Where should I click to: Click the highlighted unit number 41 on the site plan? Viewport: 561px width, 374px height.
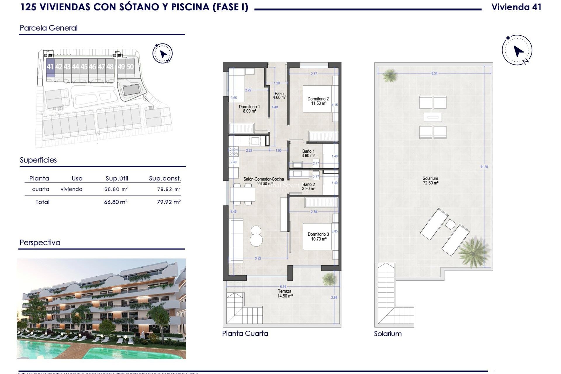pos(50,67)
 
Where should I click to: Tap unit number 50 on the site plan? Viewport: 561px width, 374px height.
pos(130,67)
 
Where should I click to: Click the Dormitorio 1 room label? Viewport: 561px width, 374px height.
pos(249,109)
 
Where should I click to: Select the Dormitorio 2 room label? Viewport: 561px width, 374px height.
pos(318,101)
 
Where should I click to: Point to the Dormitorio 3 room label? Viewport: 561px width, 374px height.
pos(318,237)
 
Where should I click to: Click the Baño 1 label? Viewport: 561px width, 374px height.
pos(308,153)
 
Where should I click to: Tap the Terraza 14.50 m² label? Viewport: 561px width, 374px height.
pos(285,294)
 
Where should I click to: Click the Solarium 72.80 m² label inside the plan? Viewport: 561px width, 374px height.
pos(430,181)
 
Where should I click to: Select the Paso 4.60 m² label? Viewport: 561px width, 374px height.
pos(279,96)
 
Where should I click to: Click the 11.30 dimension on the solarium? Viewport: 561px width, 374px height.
pos(484,167)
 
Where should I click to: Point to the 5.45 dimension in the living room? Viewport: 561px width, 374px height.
pos(233,212)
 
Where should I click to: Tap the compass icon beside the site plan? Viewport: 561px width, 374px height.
pos(163,53)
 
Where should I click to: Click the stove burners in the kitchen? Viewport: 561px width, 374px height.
pos(234,151)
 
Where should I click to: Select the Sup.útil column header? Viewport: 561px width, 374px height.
pos(117,179)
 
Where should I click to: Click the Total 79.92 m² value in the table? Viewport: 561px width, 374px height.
pos(169,202)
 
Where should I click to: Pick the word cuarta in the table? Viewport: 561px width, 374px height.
pos(41,189)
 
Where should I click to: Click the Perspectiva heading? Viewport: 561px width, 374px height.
pos(40,243)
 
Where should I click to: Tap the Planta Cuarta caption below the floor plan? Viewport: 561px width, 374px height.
pos(245,333)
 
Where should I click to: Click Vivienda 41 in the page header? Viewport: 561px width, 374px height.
pos(516,7)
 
